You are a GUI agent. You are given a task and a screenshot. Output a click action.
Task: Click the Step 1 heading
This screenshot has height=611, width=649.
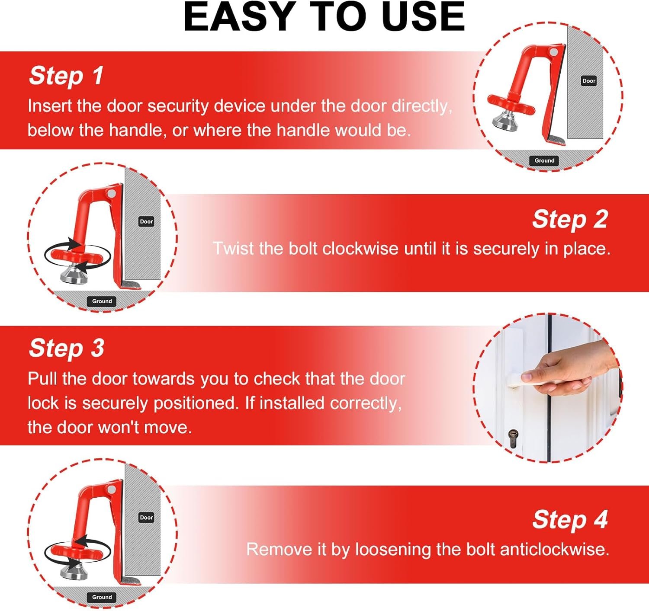coord(66,76)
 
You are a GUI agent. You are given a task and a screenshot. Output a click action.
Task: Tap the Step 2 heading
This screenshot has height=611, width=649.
coord(570,220)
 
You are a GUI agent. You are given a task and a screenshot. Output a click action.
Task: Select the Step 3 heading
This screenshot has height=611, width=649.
coord(66,348)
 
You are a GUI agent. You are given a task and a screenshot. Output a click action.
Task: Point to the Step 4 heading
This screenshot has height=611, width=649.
coord(570,520)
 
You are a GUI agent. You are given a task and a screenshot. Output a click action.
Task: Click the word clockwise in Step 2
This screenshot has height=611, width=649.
coord(360,249)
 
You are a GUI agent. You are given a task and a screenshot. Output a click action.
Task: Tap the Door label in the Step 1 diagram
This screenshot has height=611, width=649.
coord(589,81)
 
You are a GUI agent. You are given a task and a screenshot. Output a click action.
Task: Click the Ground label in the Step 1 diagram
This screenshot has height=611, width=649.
coord(544,161)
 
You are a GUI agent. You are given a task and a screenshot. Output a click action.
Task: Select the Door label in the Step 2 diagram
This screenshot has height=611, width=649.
coord(146,222)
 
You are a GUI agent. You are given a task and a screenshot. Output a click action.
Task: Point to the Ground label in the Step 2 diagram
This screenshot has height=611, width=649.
coord(102,301)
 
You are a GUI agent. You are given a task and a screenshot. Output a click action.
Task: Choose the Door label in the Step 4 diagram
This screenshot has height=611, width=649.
coord(146,518)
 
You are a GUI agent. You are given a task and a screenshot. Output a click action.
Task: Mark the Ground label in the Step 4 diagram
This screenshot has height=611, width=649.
coord(102,597)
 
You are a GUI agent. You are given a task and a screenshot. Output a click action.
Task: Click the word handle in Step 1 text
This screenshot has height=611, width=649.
coord(135,130)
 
